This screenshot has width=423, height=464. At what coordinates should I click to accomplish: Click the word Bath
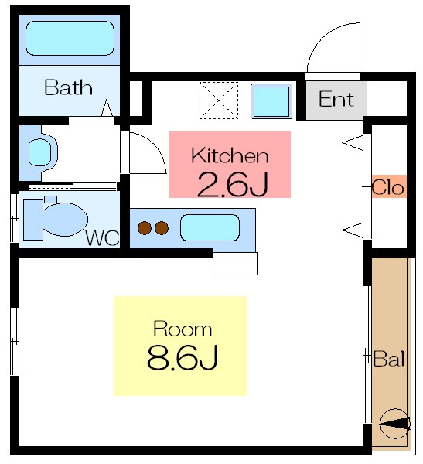click(68, 87)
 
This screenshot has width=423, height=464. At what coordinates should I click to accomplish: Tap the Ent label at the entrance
click(336, 99)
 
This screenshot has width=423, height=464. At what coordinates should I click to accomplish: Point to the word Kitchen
click(230, 155)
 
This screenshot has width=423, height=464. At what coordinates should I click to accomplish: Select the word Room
click(182, 329)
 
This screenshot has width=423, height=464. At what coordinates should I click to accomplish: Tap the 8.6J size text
click(182, 358)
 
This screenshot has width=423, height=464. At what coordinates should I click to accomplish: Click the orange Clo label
click(388, 187)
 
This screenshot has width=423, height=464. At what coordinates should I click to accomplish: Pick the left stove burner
click(145, 228)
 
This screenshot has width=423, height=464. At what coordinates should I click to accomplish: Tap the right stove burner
click(162, 228)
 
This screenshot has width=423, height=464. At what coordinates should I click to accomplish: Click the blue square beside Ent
click(271, 101)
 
